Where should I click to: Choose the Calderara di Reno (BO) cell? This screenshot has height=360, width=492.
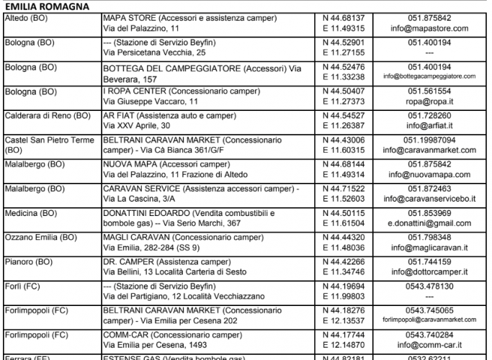[x=48, y=115]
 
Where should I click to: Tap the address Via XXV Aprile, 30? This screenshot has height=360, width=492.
[x=142, y=126]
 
